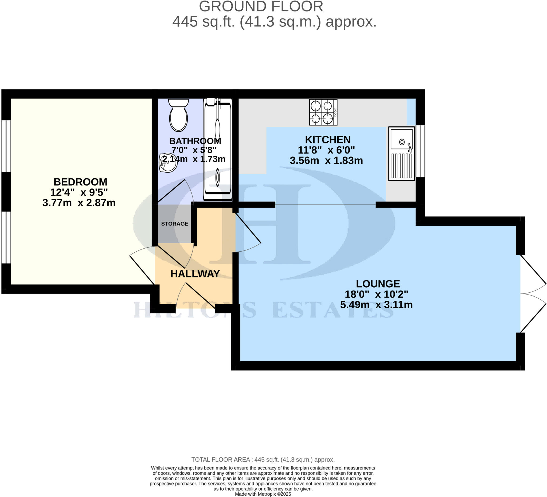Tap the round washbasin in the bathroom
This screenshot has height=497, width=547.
click(168, 163)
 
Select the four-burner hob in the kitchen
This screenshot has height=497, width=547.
click(323, 112)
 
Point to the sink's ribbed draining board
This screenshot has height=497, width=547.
click(401, 166)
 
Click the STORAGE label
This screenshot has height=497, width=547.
click(174, 224)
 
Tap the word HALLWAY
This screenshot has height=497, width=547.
click(195, 274)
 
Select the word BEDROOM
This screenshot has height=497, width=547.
click(80, 182)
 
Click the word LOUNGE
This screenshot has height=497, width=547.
click(378, 284)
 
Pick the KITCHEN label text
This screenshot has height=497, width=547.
click(327, 140)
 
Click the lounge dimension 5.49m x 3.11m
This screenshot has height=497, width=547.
click(376, 305)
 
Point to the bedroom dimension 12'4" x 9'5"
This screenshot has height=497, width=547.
click(79, 192)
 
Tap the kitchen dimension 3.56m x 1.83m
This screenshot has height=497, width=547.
click(326, 161)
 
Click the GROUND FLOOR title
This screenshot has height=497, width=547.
click(261, 6)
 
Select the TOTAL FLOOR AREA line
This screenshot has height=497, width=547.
click(263, 460)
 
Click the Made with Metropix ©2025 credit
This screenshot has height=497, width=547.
click(263, 494)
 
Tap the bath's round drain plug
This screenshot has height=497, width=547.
click(218, 177)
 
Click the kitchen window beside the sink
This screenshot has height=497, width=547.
click(421, 151)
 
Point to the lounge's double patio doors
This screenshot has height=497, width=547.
click(532, 293)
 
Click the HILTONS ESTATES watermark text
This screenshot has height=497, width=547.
click(263, 310)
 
